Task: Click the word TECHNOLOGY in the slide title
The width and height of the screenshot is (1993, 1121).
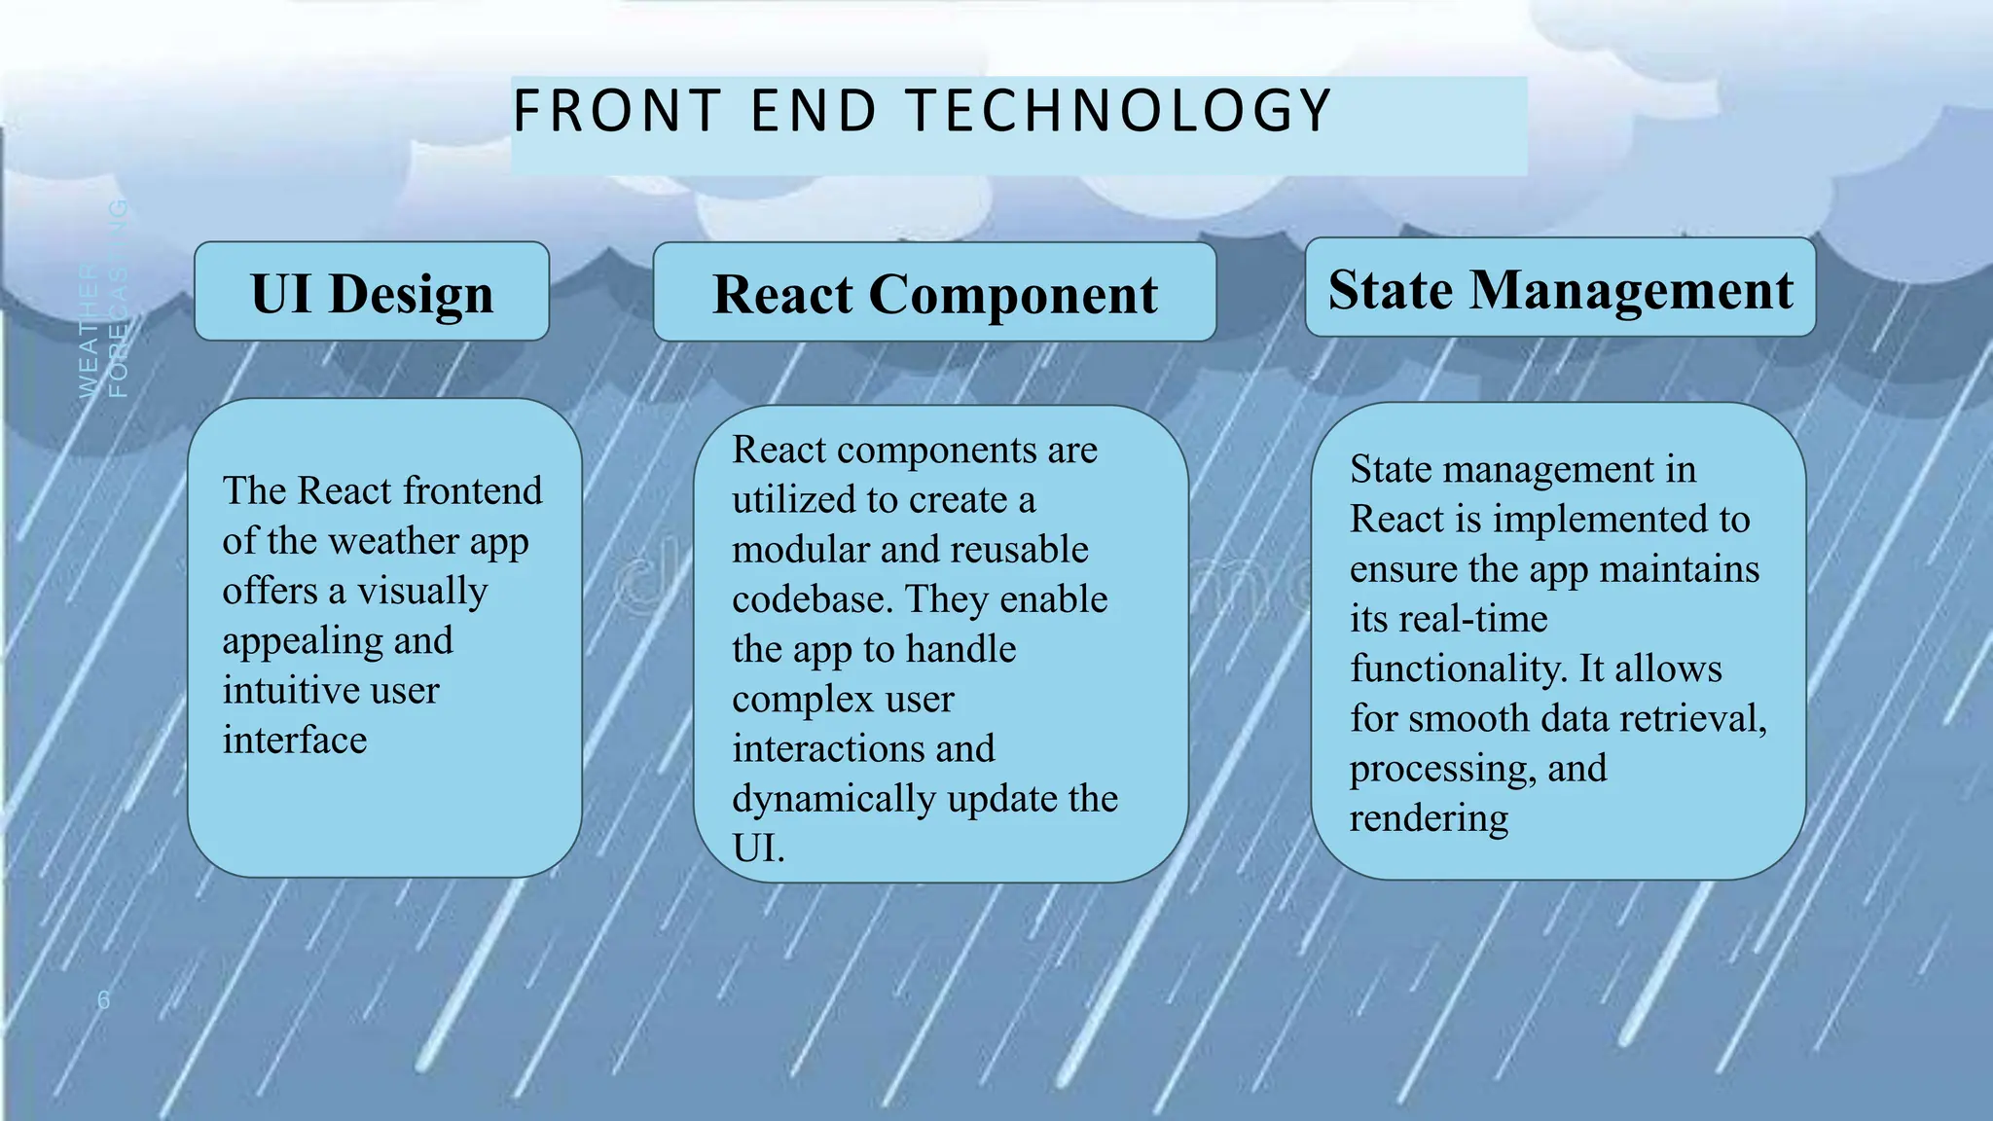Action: [1119, 110]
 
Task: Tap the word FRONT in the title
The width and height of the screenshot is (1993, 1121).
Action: [617, 110]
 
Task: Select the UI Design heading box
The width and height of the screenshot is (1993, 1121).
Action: [372, 292]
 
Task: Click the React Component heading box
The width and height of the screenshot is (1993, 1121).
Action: [934, 293]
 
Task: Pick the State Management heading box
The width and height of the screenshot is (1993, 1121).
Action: [1560, 288]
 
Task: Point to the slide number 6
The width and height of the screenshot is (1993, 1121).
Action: [103, 999]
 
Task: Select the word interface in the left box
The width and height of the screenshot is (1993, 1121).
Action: [295, 741]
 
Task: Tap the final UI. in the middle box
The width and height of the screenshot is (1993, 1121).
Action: [758, 849]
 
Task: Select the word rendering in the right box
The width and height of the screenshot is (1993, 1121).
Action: [1429, 818]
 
